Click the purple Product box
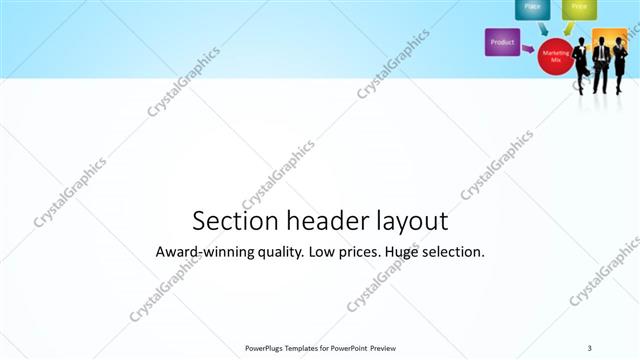pyautogui.click(x=502, y=42)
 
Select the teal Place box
pyautogui.click(x=532, y=8)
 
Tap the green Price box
pyautogui.click(x=578, y=8)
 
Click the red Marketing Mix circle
pyautogui.click(x=555, y=54)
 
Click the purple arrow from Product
pyautogui.click(x=528, y=46)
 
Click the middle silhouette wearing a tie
pyautogui.click(x=601, y=62)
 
